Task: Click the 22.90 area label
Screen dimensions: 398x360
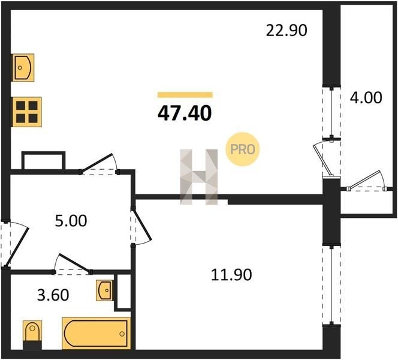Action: click(x=287, y=30)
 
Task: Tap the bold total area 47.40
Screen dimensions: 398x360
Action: click(x=185, y=113)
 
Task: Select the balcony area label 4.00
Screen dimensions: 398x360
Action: click(x=366, y=98)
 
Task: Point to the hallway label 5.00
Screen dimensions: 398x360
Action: click(x=71, y=221)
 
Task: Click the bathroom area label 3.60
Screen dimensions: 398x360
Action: click(x=53, y=295)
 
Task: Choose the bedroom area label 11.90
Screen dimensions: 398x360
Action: click(x=231, y=275)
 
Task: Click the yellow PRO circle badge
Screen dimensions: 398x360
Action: click(x=243, y=149)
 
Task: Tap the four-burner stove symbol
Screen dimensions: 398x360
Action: click(x=27, y=112)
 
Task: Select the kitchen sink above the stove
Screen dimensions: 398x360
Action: click(x=23, y=68)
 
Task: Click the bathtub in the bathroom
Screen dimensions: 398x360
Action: click(x=97, y=333)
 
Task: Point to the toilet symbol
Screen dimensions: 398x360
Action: click(x=32, y=331)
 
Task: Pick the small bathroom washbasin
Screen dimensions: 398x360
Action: click(x=104, y=290)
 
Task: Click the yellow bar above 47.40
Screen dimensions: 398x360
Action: click(x=185, y=95)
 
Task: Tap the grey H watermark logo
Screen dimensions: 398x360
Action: click(x=199, y=177)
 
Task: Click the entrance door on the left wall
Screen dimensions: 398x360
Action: click(x=15, y=244)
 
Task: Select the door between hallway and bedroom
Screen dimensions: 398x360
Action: click(x=141, y=226)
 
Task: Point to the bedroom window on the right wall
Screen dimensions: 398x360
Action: click(x=331, y=285)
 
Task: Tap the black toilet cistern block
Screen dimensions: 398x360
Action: click(x=32, y=346)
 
